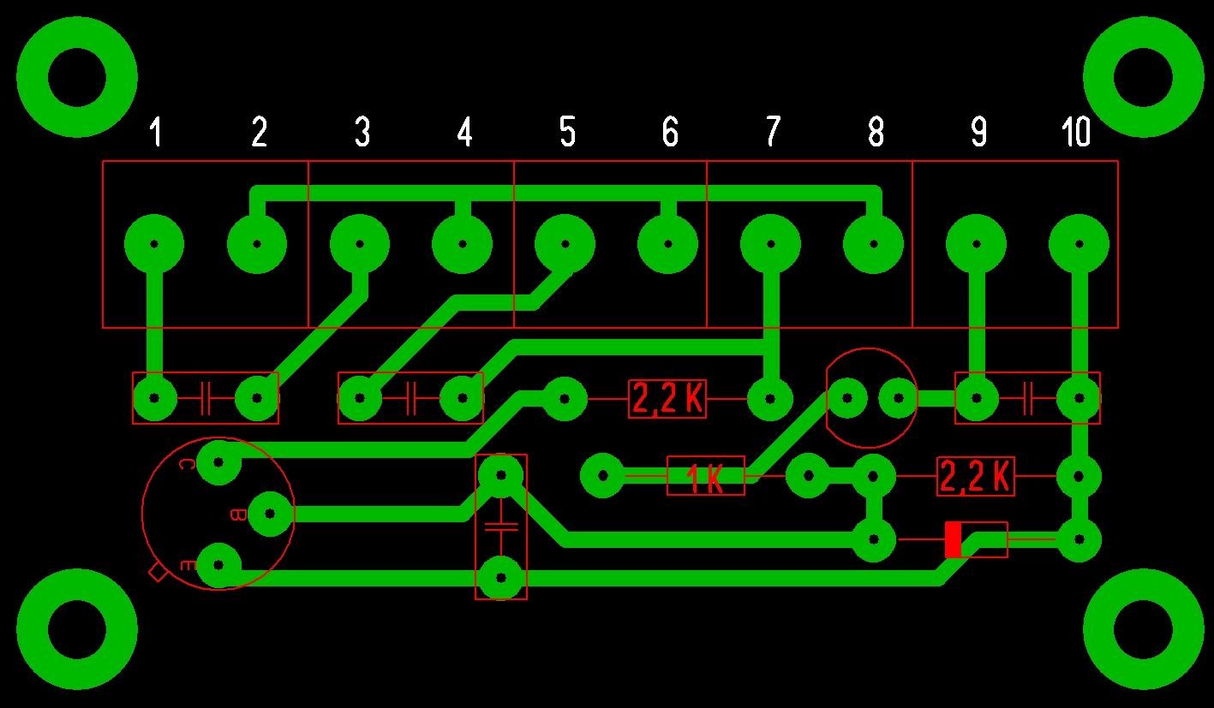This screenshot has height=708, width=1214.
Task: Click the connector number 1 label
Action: tap(155, 133)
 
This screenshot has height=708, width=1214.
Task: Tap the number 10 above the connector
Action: tap(1076, 133)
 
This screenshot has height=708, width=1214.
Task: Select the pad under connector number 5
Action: tap(565, 244)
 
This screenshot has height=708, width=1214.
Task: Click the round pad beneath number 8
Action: tap(873, 244)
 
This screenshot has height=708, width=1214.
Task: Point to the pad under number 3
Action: tap(360, 244)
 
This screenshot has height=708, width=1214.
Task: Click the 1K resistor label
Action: tap(706, 479)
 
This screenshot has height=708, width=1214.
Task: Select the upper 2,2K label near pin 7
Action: tap(667, 399)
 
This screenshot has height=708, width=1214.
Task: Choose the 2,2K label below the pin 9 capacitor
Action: tap(976, 477)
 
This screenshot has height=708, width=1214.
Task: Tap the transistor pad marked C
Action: tap(218, 462)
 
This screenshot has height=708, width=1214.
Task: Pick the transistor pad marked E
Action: tap(218, 565)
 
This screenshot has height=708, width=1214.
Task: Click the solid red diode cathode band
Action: tap(953, 539)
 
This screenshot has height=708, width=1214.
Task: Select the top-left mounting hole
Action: tap(77, 77)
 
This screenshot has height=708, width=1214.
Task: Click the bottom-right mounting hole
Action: tap(1143, 629)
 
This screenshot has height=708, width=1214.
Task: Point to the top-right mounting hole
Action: tap(1143, 77)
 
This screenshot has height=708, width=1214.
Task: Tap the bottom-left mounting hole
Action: tap(77, 629)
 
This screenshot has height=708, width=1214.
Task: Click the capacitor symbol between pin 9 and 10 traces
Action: tap(1027, 398)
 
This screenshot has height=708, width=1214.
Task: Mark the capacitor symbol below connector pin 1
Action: tap(206, 398)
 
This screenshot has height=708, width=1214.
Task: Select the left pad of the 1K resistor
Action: tap(603, 475)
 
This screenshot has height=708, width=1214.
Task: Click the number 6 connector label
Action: tap(669, 133)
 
